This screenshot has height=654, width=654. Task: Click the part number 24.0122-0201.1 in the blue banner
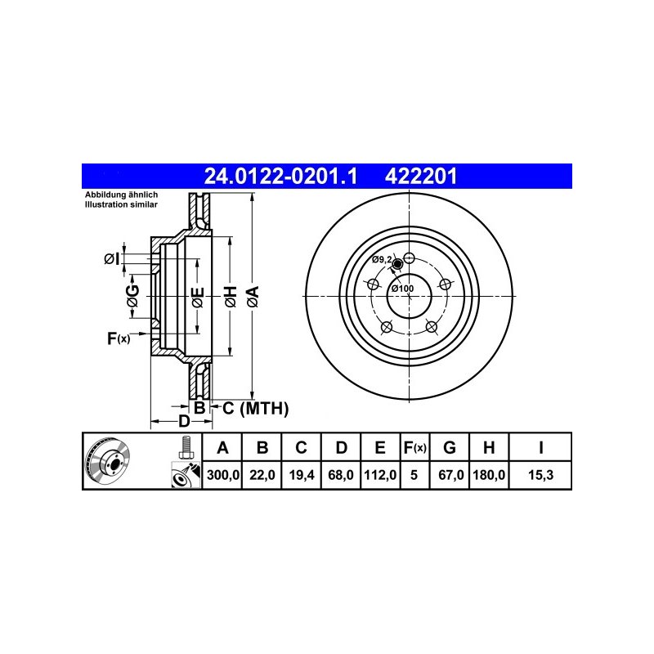[x=280, y=177]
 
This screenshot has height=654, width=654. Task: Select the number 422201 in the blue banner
[x=421, y=177]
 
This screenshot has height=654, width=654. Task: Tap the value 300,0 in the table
[x=223, y=475]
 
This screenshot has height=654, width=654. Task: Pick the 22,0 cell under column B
[x=262, y=475]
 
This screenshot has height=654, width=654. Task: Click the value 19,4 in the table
[x=302, y=475]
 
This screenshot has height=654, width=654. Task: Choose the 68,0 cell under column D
[x=341, y=475]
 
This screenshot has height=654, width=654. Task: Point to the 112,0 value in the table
[x=380, y=475]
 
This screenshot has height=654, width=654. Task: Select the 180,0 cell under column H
[x=489, y=475]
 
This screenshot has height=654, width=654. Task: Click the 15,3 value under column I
[x=540, y=475]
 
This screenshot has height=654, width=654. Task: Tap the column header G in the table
[x=449, y=447]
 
